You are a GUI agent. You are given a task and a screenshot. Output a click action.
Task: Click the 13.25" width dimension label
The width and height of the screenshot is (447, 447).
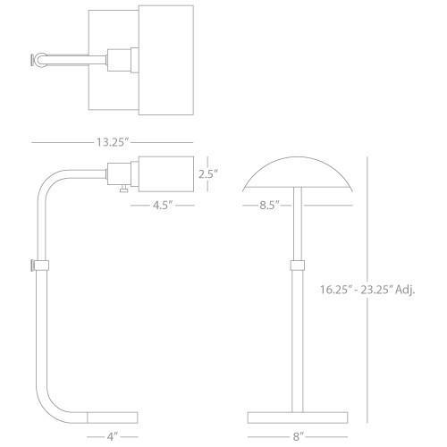click(113, 142)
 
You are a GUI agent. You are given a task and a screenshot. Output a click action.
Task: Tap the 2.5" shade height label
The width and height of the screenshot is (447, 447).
click(208, 174)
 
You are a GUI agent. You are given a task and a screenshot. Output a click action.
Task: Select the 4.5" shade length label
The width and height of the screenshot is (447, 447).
click(163, 205)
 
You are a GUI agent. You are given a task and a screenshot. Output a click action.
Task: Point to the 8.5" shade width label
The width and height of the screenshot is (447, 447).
click(269, 205)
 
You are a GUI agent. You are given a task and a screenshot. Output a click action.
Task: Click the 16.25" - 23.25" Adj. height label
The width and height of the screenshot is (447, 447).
click(367, 290)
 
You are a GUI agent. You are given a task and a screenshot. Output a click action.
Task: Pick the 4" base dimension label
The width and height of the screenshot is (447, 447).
click(113, 437)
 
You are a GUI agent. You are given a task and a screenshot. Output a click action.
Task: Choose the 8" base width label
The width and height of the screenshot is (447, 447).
click(298, 437)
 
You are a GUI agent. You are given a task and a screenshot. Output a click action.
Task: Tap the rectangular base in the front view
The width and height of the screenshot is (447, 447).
click(298, 417)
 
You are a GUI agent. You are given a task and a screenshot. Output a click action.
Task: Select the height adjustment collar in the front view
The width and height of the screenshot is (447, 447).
click(298, 266)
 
